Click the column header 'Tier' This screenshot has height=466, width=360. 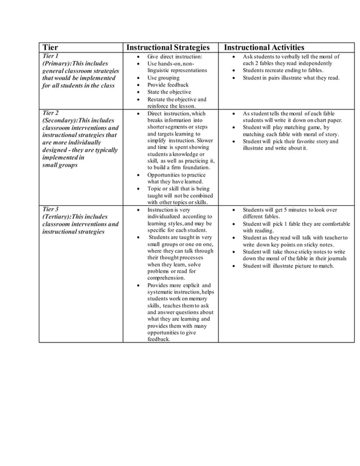tap(51, 48)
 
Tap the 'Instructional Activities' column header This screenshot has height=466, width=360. tap(264, 48)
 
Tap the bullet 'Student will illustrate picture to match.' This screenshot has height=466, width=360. tap(288, 266)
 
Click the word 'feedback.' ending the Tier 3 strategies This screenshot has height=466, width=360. tap(159, 339)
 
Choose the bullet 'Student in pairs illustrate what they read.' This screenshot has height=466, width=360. tap(291, 78)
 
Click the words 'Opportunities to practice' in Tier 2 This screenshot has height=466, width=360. tap(177, 175)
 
